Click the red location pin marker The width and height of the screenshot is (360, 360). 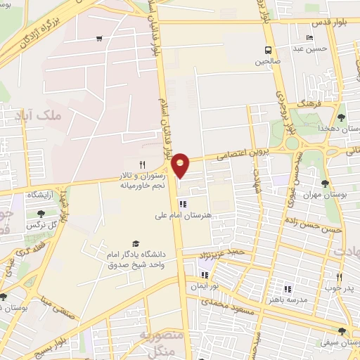pyautogui.click(x=181, y=165)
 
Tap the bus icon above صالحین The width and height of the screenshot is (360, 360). pyautogui.click(x=268, y=50)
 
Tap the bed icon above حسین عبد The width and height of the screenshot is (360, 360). pyautogui.click(x=309, y=38)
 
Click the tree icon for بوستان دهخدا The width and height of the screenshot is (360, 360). pyautogui.click(x=341, y=117)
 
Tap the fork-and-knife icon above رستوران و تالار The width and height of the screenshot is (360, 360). pyautogui.click(x=142, y=164)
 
